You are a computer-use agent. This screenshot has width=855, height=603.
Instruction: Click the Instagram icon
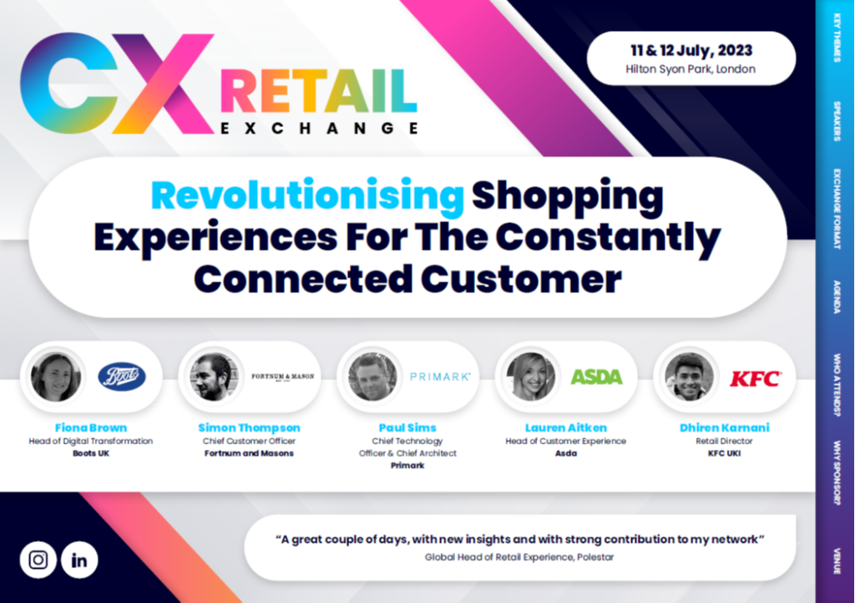pyautogui.click(x=38, y=560)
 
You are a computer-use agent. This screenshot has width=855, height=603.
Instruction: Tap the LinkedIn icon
pyautogui.click(x=79, y=560)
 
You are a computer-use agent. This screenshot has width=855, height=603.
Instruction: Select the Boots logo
pyautogui.click(x=122, y=377)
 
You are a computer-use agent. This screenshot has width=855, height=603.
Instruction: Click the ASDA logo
pyautogui.click(x=596, y=377)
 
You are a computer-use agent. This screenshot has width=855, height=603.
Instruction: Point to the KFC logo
pyautogui.click(x=756, y=378)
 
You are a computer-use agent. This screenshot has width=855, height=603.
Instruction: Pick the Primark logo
pyautogui.click(x=440, y=377)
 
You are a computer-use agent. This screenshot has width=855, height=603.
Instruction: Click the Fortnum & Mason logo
pyautogui.click(x=283, y=377)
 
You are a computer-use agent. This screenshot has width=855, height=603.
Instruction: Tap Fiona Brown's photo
pyautogui.click(x=55, y=377)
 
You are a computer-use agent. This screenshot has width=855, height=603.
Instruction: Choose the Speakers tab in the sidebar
pyautogui.click(x=836, y=121)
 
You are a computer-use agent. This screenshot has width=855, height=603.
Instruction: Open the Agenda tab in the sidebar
pyautogui.click(x=836, y=296)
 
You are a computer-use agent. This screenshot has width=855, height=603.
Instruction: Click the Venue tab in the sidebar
pyautogui.click(x=836, y=560)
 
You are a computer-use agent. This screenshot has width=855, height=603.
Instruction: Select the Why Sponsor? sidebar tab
pyautogui.click(x=836, y=472)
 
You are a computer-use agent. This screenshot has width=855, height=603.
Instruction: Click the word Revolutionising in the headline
pyautogui.click(x=307, y=196)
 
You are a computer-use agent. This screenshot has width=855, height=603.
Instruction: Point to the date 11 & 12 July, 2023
pyautogui.click(x=691, y=50)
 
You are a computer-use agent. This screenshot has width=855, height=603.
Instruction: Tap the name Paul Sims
pyautogui.click(x=407, y=428)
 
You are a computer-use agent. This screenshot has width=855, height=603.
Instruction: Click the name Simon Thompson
pyautogui.click(x=249, y=428)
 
